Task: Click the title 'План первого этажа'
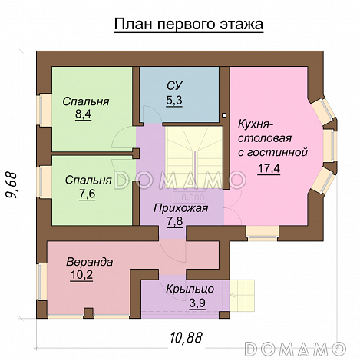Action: pos(188,25)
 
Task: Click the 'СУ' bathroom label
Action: pos(174,86)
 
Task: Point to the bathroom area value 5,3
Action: pos(174,100)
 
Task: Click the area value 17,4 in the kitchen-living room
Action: pos(269,169)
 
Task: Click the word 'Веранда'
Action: pos(89,261)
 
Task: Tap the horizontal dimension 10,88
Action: pos(188,336)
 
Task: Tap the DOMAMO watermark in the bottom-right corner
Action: pos(308,348)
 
